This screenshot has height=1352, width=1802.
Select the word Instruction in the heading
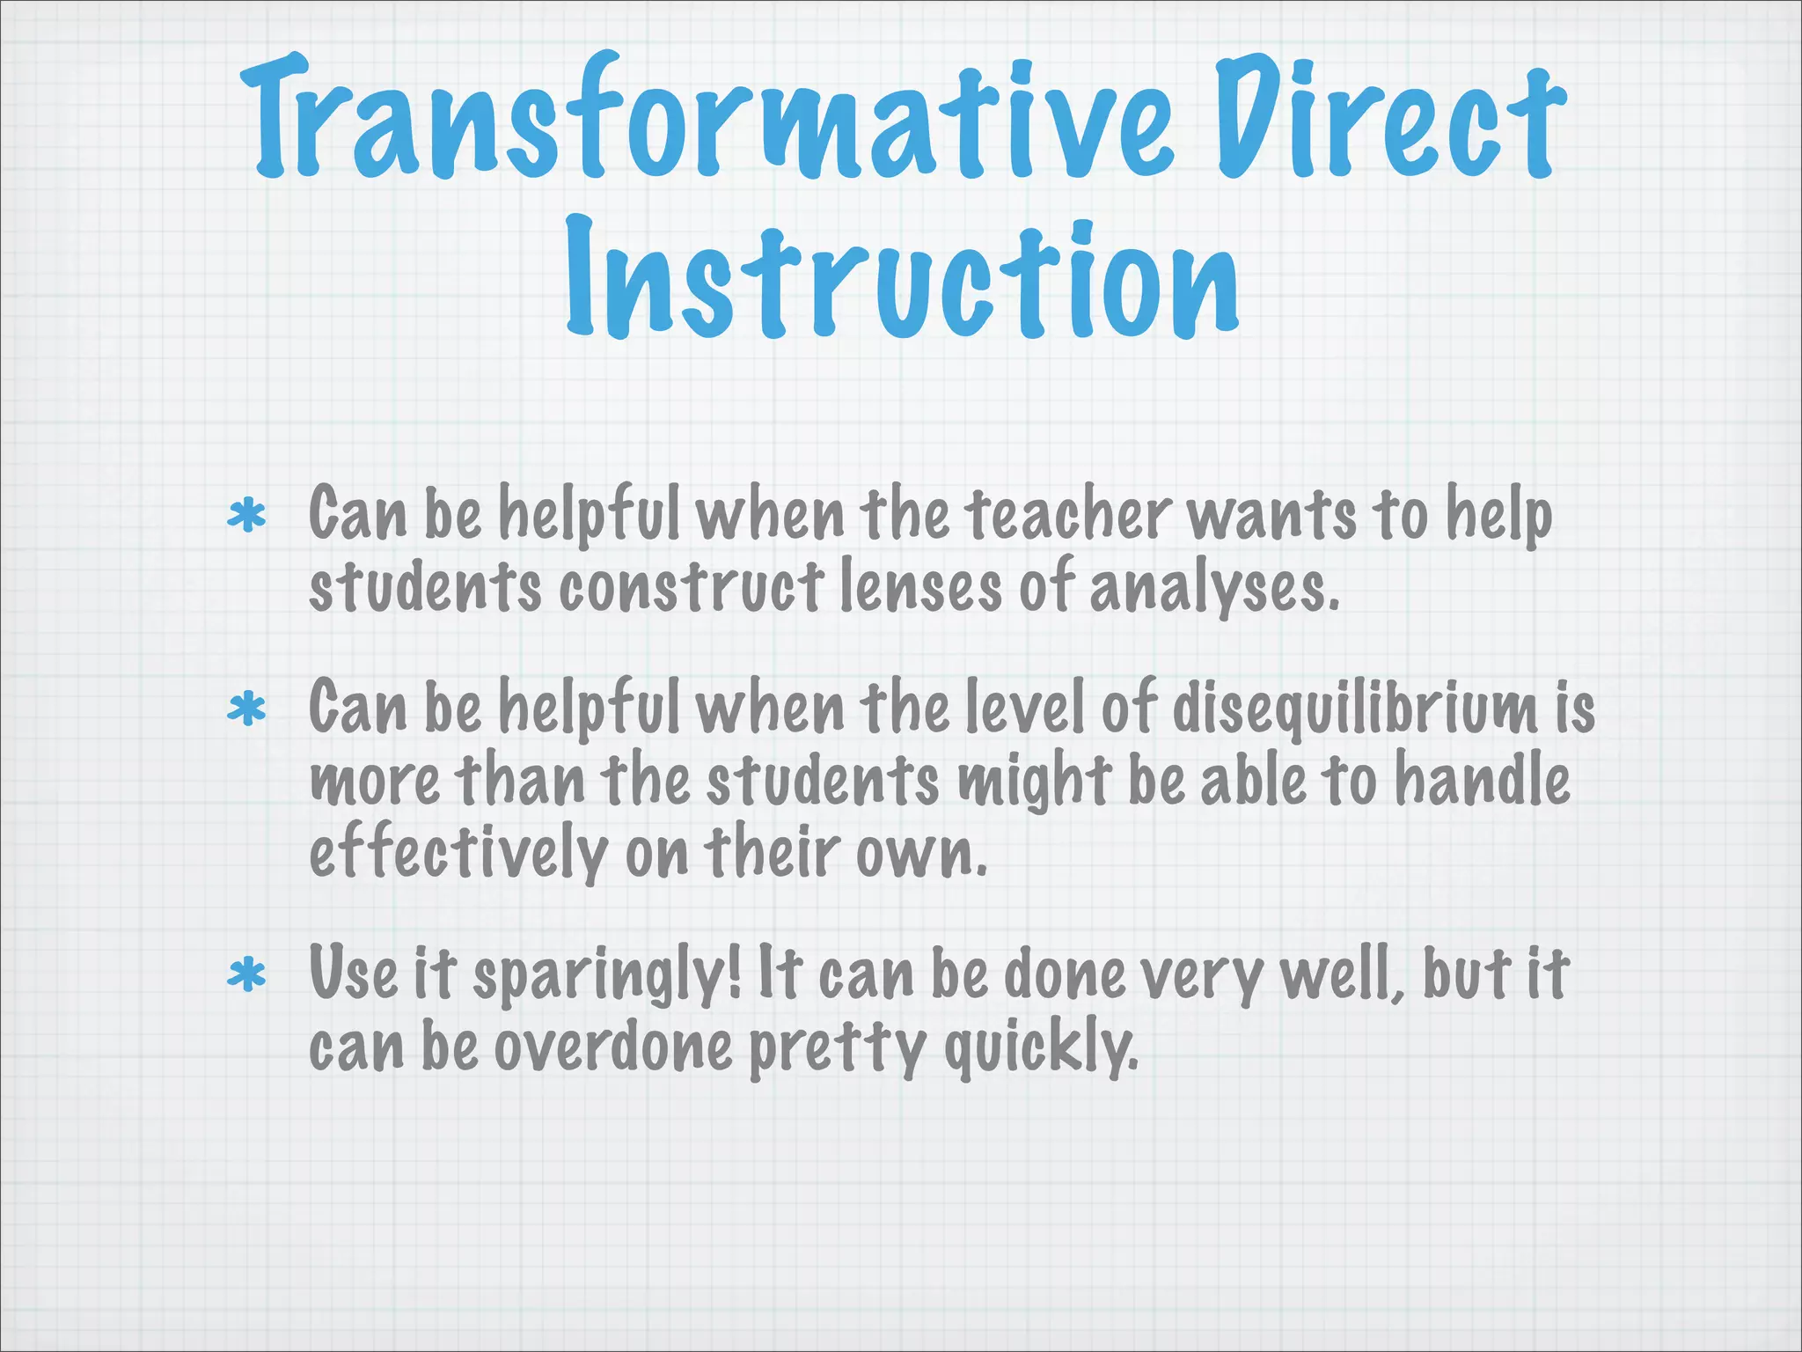point(902,277)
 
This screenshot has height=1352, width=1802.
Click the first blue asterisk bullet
point(246,517)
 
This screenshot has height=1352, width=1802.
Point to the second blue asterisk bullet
point(246,709)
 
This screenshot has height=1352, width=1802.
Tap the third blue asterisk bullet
point(246,976)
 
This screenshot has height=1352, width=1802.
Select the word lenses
point(920,587)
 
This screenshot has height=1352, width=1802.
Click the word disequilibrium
point(1355,709)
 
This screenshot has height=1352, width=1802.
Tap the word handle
point(1482,780)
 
